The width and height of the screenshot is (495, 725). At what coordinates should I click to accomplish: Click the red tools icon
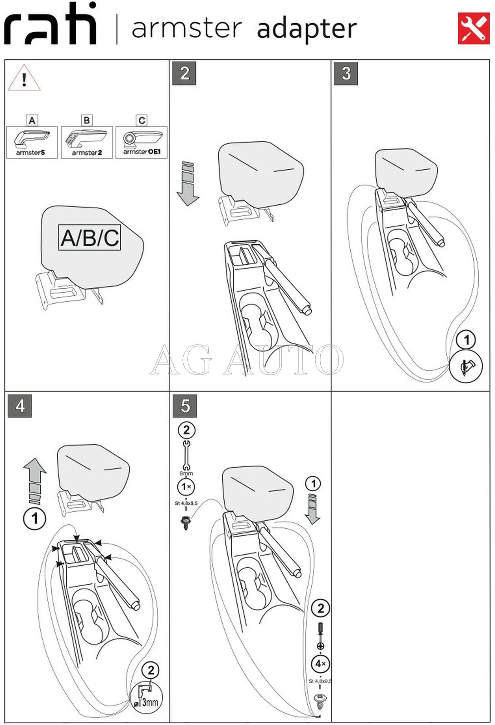point(473,28)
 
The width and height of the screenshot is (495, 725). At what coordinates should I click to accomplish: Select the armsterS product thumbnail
point(32,142)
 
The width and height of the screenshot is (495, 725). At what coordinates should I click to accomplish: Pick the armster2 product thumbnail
point(87,142)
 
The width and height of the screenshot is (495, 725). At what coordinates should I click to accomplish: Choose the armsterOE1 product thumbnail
point(142,142)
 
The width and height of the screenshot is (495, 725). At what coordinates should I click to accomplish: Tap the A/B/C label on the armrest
point(89,237)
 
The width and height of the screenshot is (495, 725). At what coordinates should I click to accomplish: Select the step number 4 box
point(20,405)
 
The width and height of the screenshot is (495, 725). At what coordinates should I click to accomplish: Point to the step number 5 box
point(185,405)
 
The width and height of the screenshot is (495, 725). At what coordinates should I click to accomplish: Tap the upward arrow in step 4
point(35,480)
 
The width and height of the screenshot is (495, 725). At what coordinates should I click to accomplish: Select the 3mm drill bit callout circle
point(146,698)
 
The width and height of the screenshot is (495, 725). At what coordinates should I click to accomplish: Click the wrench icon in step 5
point(186,455)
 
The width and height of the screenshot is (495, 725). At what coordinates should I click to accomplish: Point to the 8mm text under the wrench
point(186,473)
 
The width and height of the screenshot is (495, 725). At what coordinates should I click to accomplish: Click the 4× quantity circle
point(320,664)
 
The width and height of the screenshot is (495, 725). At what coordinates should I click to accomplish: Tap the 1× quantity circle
point(186,487)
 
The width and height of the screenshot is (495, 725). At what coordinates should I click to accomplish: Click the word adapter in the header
point(307,29)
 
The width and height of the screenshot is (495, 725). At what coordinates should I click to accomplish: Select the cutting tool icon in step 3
point(466,366)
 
